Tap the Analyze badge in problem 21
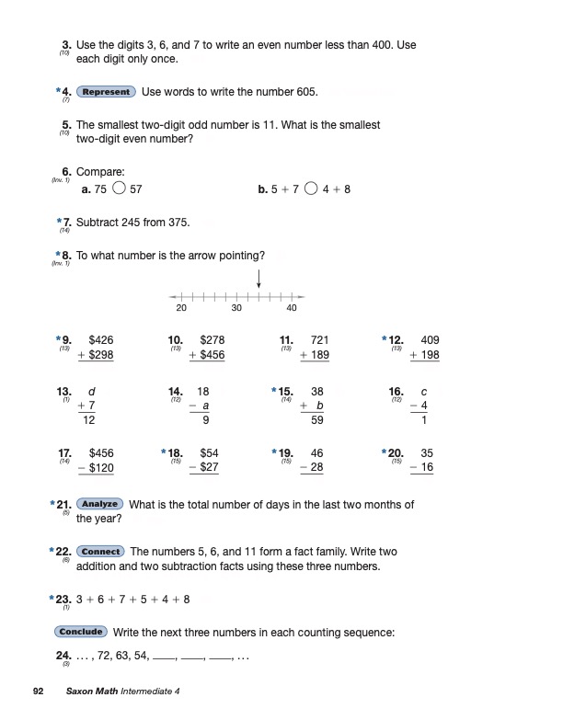(100, 504)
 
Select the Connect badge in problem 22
(101, 552)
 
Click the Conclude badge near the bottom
(82, 633)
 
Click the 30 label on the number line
(236, 308)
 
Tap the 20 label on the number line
(181, 308)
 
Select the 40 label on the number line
(292, 308)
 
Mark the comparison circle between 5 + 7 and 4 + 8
(311, 189)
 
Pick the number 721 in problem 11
(320, 340)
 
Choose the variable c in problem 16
(424, 392)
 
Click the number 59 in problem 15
(317, 421)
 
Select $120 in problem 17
(101, 468)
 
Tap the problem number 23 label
(63, 600)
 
